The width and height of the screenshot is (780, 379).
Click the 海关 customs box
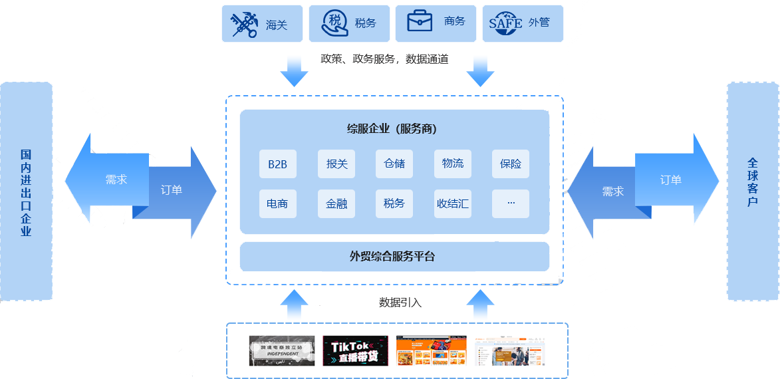[262, 24]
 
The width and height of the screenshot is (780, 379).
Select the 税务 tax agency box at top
[349, 24]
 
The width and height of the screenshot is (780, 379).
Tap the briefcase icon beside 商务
[420, 22]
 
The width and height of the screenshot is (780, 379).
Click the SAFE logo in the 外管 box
[505, 23]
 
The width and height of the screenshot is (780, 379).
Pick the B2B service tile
[277, 164]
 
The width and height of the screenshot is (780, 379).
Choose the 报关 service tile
[336, 164]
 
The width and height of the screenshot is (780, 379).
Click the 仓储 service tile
[394, 164]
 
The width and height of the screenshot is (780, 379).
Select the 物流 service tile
[453, 164]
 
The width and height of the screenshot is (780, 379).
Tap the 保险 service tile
[511, 164]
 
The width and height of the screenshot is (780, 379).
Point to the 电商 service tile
[277, 203]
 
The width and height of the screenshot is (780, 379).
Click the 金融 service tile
[336, 203]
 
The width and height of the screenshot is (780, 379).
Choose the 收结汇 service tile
[453, 203]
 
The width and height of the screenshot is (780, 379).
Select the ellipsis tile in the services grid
[511, 203]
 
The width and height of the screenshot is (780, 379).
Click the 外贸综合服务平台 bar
[394, 256]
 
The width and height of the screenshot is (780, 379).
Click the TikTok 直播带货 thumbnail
[354, 350]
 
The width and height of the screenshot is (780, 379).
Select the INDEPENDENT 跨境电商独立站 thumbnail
[281, 350]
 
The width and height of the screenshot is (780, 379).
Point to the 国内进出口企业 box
[27, 191]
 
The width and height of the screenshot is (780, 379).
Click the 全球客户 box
[753, 191]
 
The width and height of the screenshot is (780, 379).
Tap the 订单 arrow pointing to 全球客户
[675, 180]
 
